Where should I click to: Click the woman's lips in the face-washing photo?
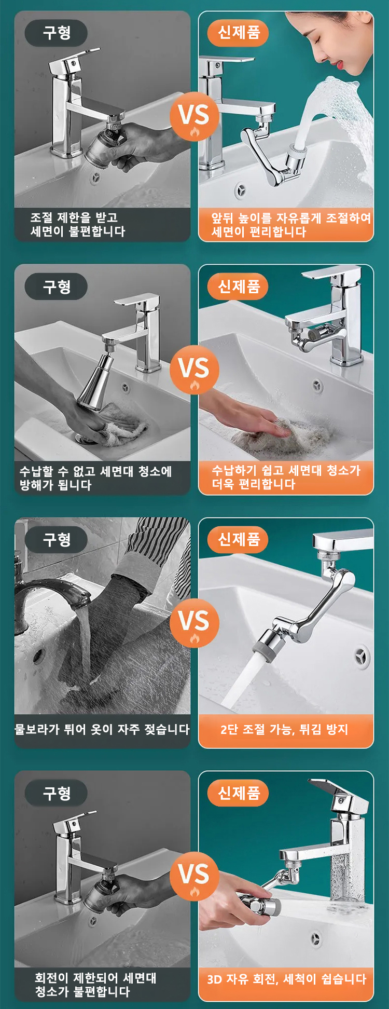pyautogui.click(x=340, y=64)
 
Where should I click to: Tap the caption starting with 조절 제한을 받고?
pyautogui.click(x=78, y=224)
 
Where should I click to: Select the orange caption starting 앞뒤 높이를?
pyautogui.click(x=291, y=225)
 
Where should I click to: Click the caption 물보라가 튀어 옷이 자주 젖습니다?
pyautogui.click(x=102, y=729)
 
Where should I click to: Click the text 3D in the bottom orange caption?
pyautogui.click(x=214, y=979)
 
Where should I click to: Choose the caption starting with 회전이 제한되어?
pyautogui.click(x=95, y=985)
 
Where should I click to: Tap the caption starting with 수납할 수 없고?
pyautogui.click(x=95, y=478)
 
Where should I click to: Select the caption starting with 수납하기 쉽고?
pyautogui.click(x=286, y=478)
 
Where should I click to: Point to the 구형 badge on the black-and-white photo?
pyautogui.click(x=57, y=540)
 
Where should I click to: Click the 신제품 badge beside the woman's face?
pyautogui.click(x=238, y=32)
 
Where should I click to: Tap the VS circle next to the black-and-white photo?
pyautogui.click(x=195, y=623)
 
